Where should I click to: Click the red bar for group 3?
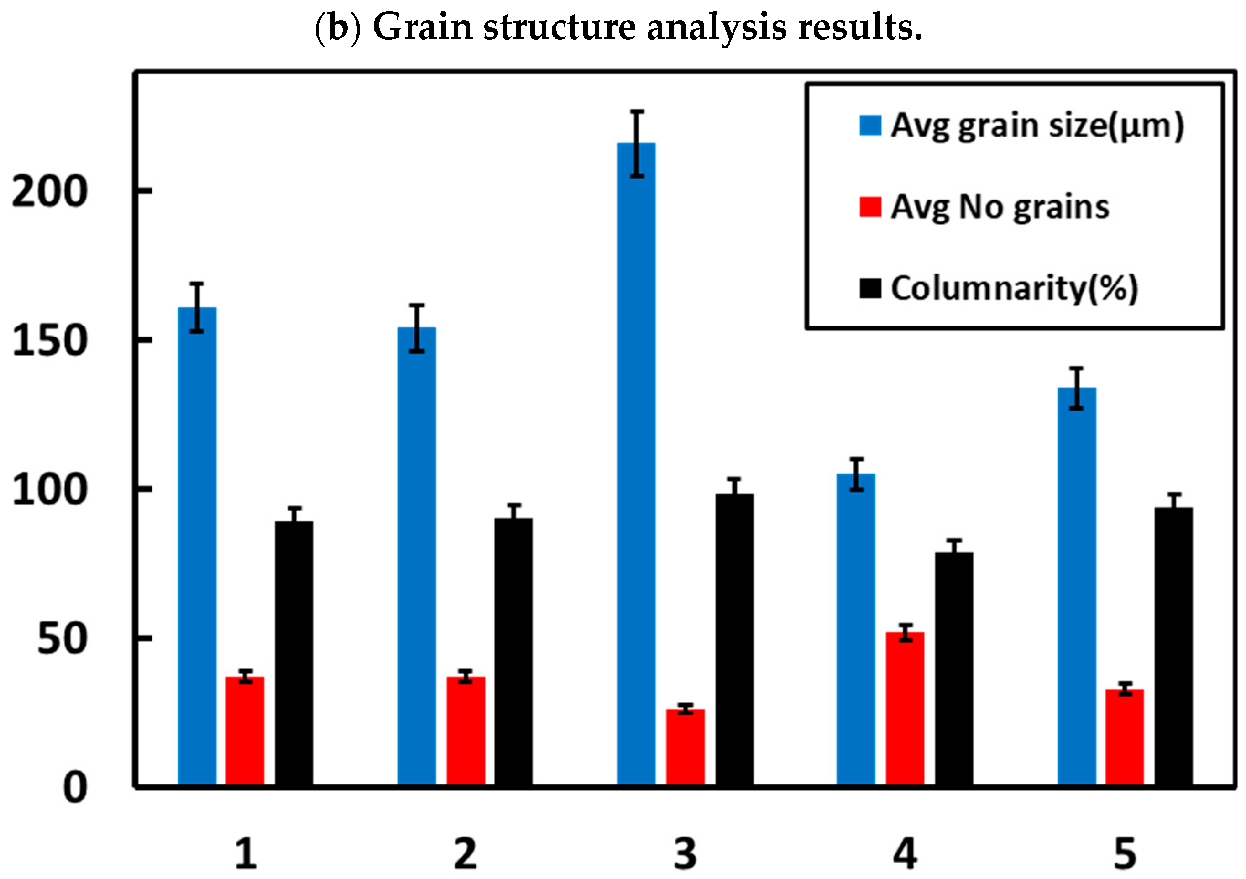tap(686, 747)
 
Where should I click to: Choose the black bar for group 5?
tap(1173, 646)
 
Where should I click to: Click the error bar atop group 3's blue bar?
tap(637, 143)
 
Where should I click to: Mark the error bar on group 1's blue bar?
tap(197, 307)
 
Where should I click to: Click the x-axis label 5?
tap(1125, 854)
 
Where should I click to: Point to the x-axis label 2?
tap(465, 854)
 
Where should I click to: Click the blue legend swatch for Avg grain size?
tap(870, 125)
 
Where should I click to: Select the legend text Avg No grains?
tap(1000, 207)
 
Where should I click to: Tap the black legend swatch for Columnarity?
tap(870, 288)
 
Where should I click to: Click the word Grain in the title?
tap(423, 27)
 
